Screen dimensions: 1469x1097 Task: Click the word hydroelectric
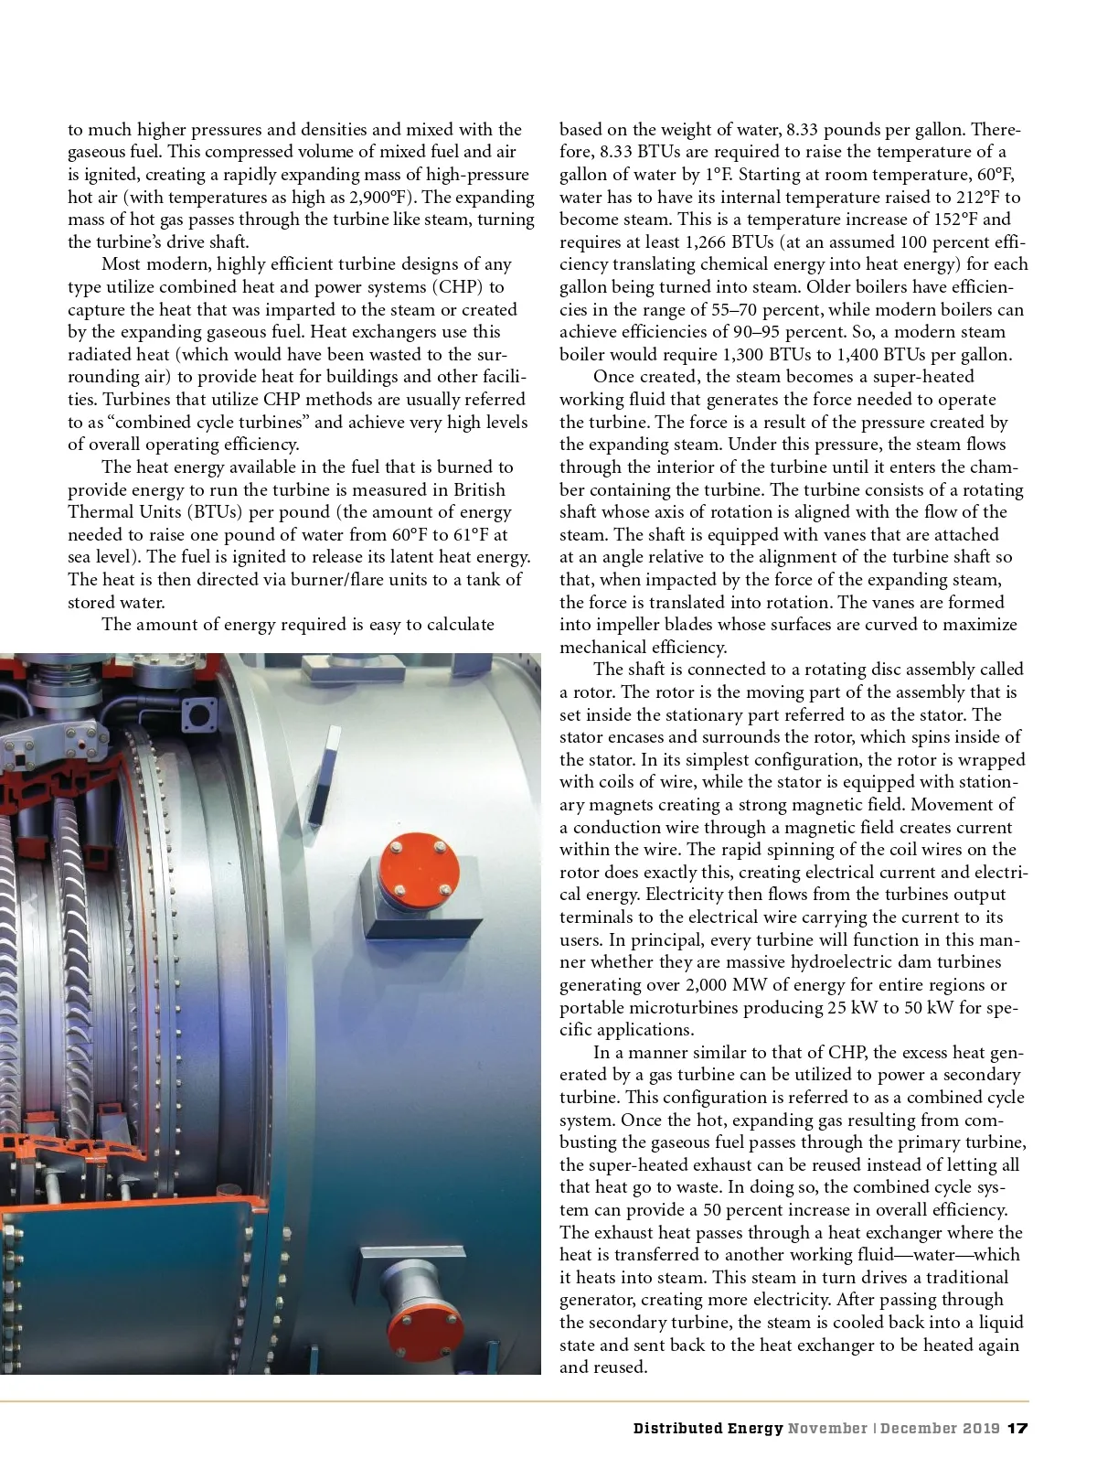pyautogui.click(x=801, y=962)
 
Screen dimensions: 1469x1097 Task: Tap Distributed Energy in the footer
pyautogui.click(x=708, y=1428)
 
